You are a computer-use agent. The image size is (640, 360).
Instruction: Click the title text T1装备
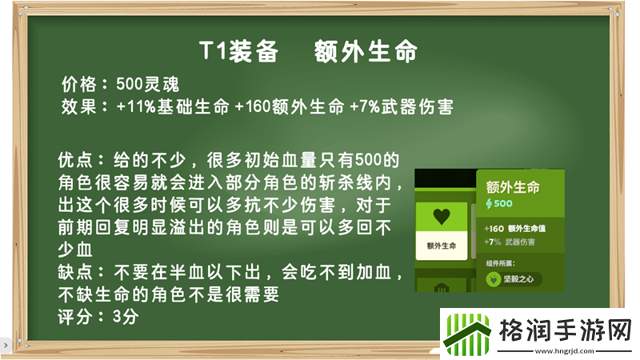(238, 52)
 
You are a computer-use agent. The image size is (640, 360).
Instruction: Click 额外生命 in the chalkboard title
(366, 52)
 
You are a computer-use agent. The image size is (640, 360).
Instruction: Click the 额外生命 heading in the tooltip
(513, 187)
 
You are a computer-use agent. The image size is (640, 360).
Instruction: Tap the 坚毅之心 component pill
(514, 279)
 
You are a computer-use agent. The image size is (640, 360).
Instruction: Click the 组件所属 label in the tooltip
(502, 262)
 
